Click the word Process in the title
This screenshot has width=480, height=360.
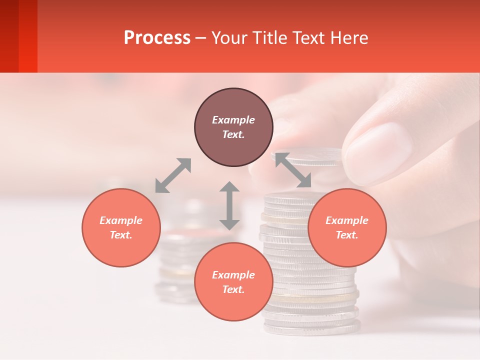(x=157, y=38)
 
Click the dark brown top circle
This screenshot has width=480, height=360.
(x=233, y=127)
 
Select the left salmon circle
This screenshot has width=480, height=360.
(x=121, y=227)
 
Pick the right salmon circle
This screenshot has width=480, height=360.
(x=347, y=227)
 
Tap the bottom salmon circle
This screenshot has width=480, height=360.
(x=233, y=282)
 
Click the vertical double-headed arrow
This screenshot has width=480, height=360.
(x=229, y=205)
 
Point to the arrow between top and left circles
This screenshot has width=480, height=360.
(x=173, y=175)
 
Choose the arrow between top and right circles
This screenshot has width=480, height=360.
(x=293, y=170)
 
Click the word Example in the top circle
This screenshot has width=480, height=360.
(x=233, y=120)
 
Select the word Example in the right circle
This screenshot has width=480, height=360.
(x=347, y=220)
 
